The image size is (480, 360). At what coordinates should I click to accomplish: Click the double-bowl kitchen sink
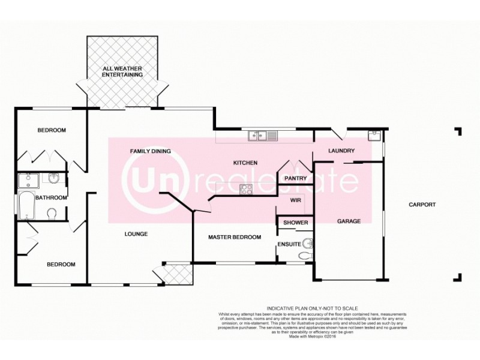click(x=263, y=136)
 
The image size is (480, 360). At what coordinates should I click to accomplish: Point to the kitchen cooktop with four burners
click(x=246, y=189)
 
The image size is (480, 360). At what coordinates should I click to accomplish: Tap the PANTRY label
click(x=296, y=178)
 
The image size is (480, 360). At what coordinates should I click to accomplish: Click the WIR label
click(x=295, y=200)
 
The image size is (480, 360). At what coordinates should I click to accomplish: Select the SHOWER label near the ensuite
click(x=296, y=223)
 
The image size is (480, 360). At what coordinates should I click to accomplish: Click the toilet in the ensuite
click(x=305, y=256)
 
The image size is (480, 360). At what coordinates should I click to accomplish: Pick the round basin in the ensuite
click(x=308, y=243)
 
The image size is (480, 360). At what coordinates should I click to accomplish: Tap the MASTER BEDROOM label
click(x=235, y=238)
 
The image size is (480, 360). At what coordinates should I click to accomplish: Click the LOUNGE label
click(x=136, y=234)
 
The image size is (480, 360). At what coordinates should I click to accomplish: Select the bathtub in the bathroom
click(x=26, y=206)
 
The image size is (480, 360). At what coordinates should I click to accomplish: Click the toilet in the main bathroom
click(x=52, y=214)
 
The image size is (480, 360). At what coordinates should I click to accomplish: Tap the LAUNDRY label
click(x=343, y=151)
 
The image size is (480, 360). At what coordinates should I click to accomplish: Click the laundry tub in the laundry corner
click(x=375, y=135)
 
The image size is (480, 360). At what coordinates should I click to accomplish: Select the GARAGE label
click(x=349, y=221)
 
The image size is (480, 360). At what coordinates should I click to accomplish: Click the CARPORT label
click(x=422, y=205)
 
